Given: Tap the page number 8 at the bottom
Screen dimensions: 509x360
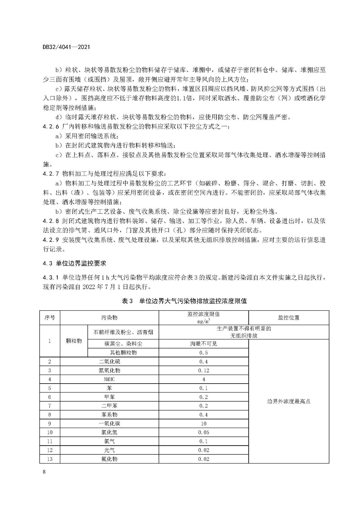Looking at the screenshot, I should point(44,472).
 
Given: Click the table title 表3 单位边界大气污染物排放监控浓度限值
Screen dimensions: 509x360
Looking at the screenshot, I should point(184,301).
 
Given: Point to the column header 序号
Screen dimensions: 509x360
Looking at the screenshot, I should point(50,317).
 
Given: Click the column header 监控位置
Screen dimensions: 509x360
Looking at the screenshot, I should point(289,317).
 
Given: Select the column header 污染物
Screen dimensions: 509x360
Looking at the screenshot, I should point(109,317).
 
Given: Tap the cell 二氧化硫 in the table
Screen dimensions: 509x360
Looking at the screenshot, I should point(109,361).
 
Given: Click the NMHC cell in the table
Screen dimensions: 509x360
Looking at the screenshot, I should point(109,379).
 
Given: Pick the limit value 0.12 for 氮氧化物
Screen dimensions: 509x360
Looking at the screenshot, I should point(203,370).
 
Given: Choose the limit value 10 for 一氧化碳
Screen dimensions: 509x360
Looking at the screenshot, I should point(203,424).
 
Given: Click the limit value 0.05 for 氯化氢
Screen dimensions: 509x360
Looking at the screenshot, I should point(203,432).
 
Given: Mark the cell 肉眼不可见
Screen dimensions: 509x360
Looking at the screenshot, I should point(203,344).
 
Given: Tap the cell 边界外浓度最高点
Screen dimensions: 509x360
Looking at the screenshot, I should point(289,401).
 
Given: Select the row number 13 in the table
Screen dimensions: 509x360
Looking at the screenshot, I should point(50,459).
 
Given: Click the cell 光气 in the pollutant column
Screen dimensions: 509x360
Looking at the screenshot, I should point(109,450).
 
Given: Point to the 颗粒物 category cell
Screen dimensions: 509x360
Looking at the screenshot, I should point(74,341).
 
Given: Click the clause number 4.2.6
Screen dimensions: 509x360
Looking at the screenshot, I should point(51,127).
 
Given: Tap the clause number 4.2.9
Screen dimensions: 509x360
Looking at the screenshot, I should point(51,240).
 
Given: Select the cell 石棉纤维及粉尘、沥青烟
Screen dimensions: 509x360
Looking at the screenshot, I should point(123,332).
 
